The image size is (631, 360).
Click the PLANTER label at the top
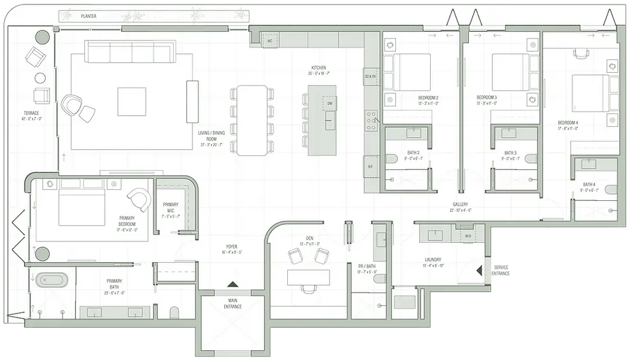[x=89, y=16]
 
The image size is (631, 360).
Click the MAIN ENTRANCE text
[x=233, y=303]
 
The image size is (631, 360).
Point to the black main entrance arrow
[x=233, y=284]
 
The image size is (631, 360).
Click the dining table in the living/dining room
[x=252, y=120]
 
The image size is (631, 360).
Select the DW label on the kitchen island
[x=330, y=104]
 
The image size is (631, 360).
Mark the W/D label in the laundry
[x=468, y=236]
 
